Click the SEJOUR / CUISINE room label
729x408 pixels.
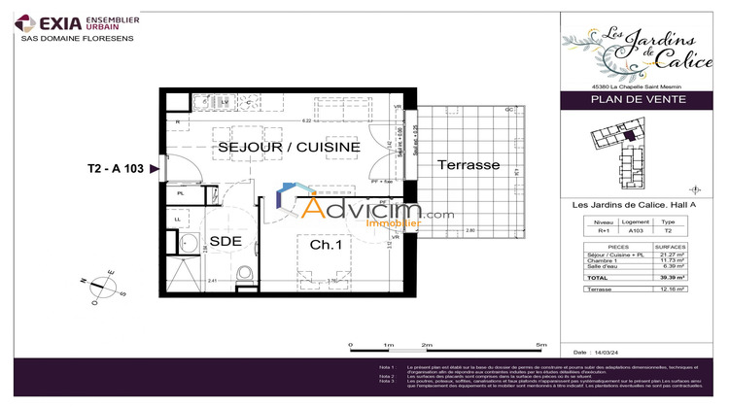pyautogui.click(x=289, y=147)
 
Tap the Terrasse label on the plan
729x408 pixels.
pyautogui.click(x=468, y=165)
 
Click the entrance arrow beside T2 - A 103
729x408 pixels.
pyautogui.click(x=155, y=169)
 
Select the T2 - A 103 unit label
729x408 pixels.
pyautogui.click(x=115, y=169)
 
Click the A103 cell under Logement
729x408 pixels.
pyautogui.click(x=636, y=231)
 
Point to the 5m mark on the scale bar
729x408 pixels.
pyautogui.click(x=541, y=345)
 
